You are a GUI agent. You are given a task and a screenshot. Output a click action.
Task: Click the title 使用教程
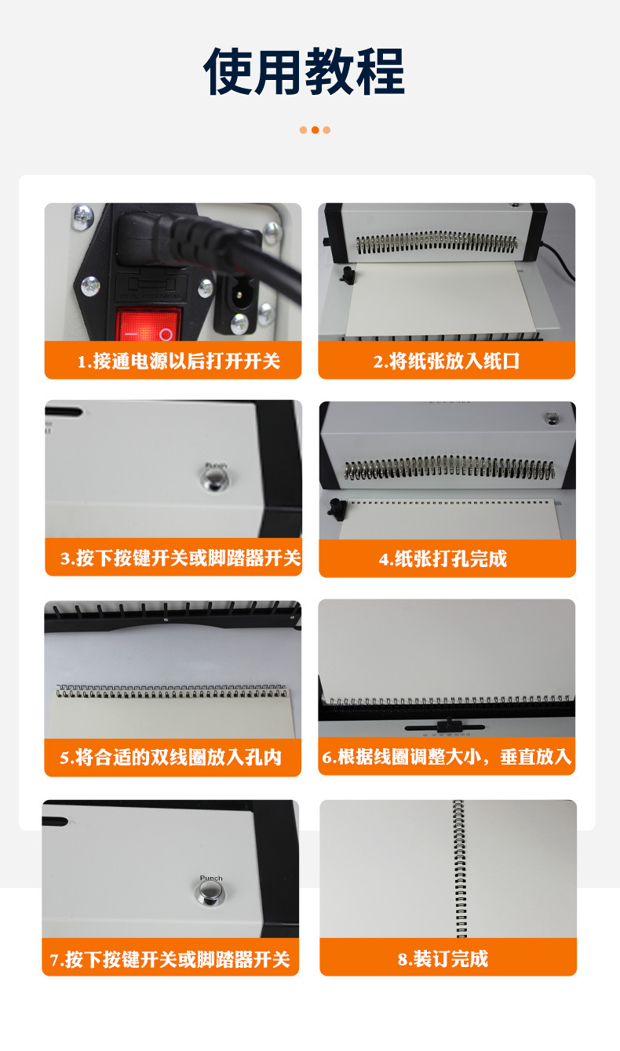click(x=304, y=71)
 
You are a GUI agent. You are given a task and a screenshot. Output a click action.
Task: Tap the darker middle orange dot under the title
click(x=315, y=130)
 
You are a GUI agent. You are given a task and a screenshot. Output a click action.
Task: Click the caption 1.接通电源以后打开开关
click(x=179, y=362)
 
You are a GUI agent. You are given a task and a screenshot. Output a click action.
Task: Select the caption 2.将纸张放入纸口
click(x=447, y=362)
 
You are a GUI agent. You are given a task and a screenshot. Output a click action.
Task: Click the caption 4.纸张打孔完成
click(x=443, y=558)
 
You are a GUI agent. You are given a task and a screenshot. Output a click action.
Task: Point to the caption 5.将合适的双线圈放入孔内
click(x=170, y=758)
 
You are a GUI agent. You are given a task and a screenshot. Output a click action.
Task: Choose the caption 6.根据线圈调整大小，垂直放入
click(x=447, y=757)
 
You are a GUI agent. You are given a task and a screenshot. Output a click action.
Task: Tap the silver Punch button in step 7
click(x=210, y=893)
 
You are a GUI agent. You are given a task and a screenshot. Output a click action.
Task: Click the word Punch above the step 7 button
click(x=211, y=878)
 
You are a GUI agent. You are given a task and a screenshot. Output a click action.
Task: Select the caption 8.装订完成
click(x=443, y=959)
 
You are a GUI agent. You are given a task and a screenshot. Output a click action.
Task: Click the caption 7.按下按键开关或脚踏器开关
click(x=170, y=959)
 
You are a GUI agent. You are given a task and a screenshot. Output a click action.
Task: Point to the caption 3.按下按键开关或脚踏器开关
click(x=181, y=558)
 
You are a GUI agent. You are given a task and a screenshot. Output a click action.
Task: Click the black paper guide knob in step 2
click(x=347, y=275)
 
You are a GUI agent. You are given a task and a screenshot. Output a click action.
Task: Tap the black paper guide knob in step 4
click(x=337, y=509)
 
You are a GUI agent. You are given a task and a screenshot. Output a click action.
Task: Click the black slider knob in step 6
click(x=449, y=725)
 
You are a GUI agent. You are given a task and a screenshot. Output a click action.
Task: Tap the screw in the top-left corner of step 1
click(x=83, y=216)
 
